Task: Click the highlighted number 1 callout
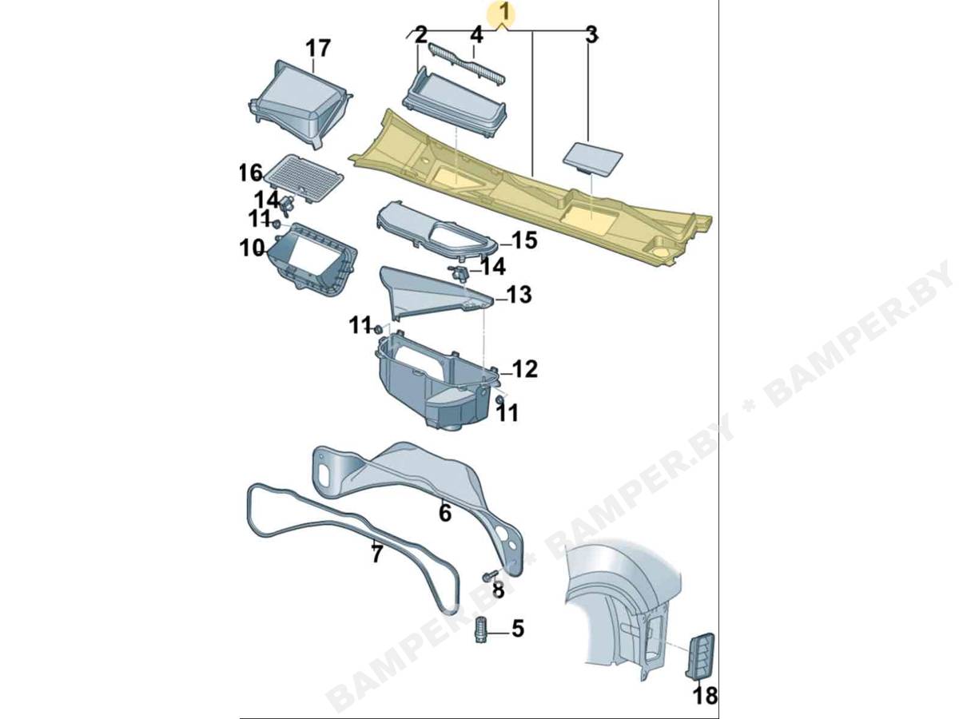[x=504, y=13]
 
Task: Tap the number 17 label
[x=317, y=48]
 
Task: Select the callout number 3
[x=591, y=35]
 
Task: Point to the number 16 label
[x=251, y=173]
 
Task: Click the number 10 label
[x=252, y=248]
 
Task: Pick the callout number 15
[x=523, y=240]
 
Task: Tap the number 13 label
[x=519, y=295]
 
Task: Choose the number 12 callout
[x=525, y=369]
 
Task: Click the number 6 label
[x=444, y=514]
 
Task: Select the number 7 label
[x=376, y=554]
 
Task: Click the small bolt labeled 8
[x=490, y=575]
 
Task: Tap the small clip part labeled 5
[x=480, y=630]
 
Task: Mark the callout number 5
[x=517, y=630]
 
